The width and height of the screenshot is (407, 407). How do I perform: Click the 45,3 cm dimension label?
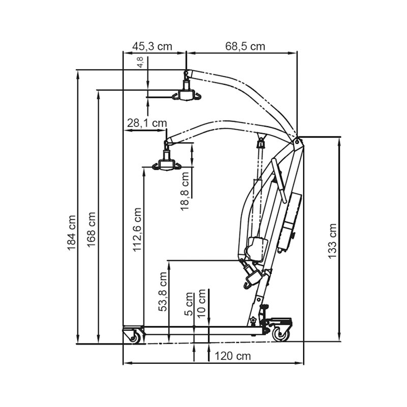(152, 46)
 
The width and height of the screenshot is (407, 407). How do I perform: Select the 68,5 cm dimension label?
(245, 46)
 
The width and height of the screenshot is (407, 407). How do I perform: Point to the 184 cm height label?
(71, 232)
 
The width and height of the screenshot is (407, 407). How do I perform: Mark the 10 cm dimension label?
(202, 304)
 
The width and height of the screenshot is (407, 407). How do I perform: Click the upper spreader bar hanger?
(186, 95)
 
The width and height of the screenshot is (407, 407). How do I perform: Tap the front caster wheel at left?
(135, 336)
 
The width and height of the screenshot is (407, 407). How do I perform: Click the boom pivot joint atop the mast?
(298, 142)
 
